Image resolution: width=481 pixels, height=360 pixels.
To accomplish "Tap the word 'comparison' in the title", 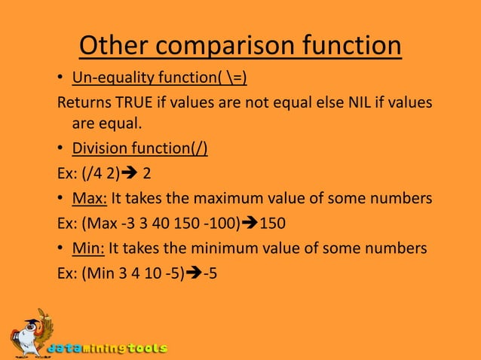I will [226, 47].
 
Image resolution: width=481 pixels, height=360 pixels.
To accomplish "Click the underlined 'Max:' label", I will [90, 199].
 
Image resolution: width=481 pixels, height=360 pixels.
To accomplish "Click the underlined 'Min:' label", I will [88, 248].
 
